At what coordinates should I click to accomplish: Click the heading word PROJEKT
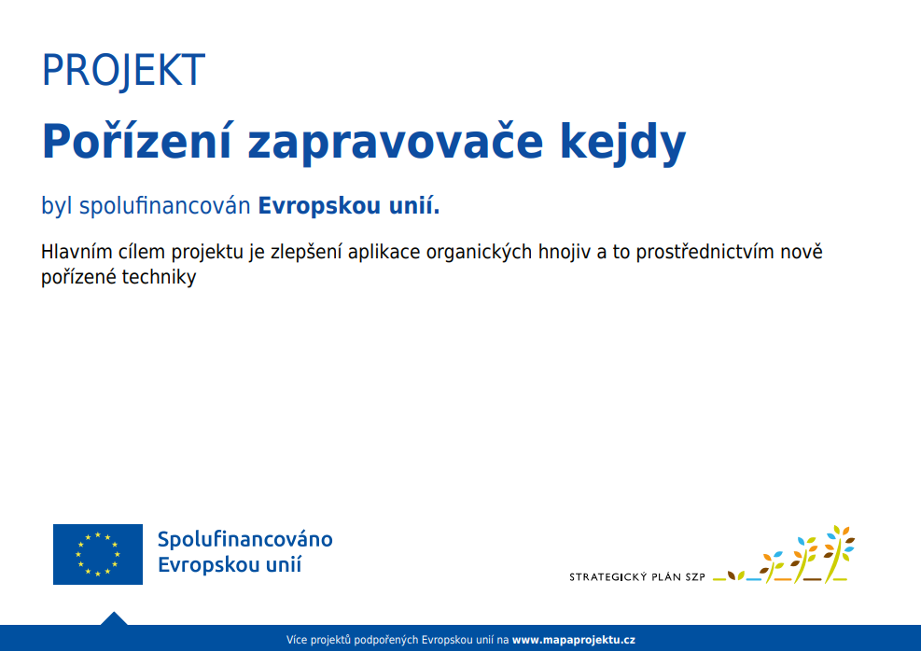click(123, 71)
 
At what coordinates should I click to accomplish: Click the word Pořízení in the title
click(137, 141)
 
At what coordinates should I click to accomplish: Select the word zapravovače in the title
click(396, 144)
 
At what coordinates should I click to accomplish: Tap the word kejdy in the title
click(622, 144)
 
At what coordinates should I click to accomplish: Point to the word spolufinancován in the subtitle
click(164, 206)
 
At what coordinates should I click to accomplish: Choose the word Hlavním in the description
click(77, 252)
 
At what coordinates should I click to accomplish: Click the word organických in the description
click(479, 253)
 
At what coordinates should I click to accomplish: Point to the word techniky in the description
click(159, 277)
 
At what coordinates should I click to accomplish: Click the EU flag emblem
click(97, 554)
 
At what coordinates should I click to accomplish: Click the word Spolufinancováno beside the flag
click(244, 539)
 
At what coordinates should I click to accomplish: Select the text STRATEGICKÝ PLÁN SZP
click(636, 577)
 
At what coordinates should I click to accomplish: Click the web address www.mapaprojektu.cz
click(573, 640)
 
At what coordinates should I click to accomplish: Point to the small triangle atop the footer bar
click(114, 618)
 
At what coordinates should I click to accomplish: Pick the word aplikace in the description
click(384, 253)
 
